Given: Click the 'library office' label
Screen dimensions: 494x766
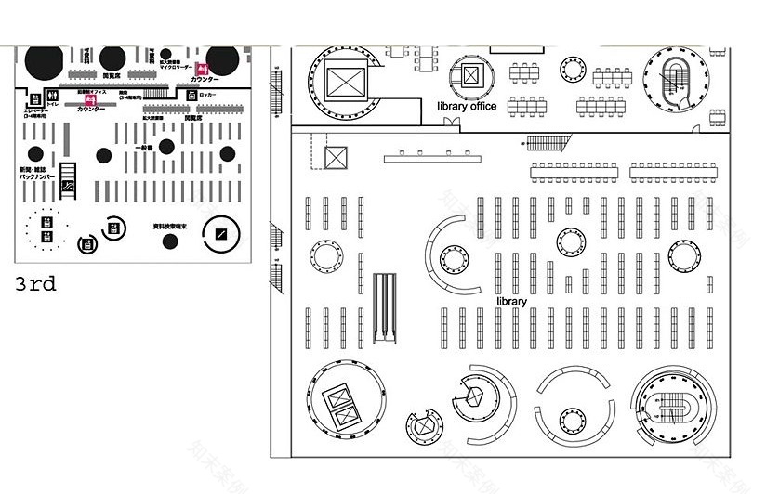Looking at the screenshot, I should point(467,106).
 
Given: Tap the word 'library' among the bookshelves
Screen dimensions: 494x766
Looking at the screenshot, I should point(511,302).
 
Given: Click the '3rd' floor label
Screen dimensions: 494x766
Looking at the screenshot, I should point(35,284).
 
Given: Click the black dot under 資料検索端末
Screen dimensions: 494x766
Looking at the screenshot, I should point(170,241).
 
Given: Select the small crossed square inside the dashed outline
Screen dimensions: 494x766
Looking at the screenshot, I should point(334,157).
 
